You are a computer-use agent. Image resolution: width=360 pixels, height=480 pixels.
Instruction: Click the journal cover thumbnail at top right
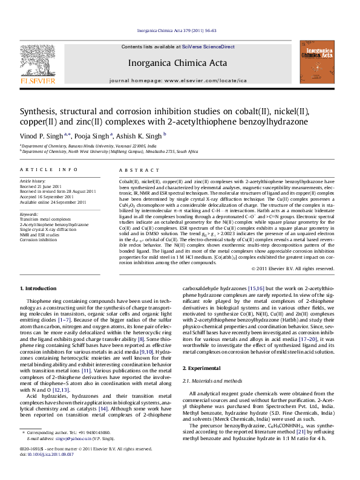point(317,61)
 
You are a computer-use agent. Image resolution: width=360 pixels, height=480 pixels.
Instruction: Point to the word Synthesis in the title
point(39,112)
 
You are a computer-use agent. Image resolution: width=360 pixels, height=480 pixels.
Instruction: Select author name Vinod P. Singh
point(48,136)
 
